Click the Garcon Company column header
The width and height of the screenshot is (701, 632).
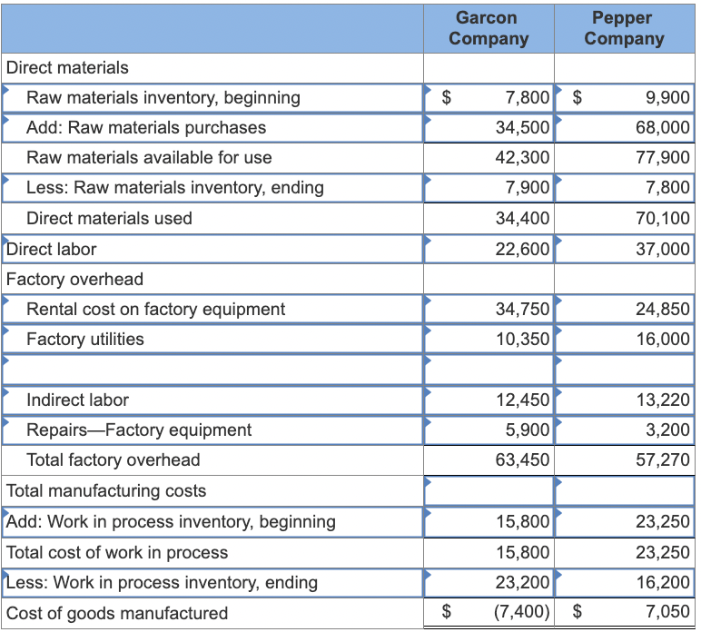pos(489,28)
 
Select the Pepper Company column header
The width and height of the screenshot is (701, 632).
pos(624,28)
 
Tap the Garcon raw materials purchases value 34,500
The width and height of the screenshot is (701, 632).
pos(522,127)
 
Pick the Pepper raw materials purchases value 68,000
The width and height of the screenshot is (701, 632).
pos(663,127)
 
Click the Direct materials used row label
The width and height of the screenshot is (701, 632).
pos(109,218)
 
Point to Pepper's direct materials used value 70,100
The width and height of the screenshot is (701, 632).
pos(663,218)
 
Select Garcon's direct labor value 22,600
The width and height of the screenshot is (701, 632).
pos(522,249)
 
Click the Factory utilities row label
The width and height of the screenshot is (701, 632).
pos(85,339)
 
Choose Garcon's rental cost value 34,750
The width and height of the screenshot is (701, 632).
pos(522,309)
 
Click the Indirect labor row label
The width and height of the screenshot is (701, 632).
pos(78,400)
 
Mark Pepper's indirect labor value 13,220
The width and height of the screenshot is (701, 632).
pos(663,400)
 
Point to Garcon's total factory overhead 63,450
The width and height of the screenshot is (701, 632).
pos(522,460)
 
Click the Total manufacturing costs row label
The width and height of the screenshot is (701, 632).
pos(106,491)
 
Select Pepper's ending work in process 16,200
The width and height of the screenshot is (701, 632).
pos(663,582)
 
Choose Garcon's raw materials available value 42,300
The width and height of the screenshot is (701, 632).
pos(522,157)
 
